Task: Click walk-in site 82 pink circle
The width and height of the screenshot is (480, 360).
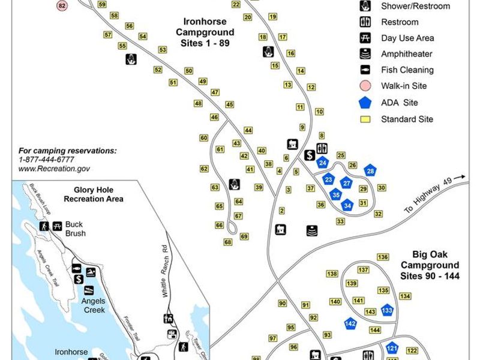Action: click(x=62, y=5)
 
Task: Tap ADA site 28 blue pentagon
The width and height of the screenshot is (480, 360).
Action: click(x=370, y=171)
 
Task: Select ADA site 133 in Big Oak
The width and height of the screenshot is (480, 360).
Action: click(x=387, y=310)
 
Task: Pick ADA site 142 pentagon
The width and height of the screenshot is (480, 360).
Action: click(x=351, y=323)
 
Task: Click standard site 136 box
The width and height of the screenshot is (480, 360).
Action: click(x=383, y=257)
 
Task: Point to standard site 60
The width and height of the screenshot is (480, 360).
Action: click(x=204, y=138)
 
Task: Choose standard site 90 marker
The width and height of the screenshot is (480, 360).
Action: click(x=283, y=303)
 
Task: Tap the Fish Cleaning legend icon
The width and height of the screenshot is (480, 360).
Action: click(x=365, y=70)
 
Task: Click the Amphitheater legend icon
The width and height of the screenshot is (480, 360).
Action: click(x=365, y=54)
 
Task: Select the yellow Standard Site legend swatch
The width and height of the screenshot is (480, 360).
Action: click(x=365, y=119)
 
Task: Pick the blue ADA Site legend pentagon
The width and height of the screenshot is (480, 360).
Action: click(x=365, y=103)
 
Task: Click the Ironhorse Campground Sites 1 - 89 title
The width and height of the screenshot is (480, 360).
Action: click(x=205, y=35)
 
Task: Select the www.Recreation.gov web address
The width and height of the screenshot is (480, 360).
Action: click(x=54, y=169)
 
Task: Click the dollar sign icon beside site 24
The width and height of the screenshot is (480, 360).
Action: click(x=310, y=155)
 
